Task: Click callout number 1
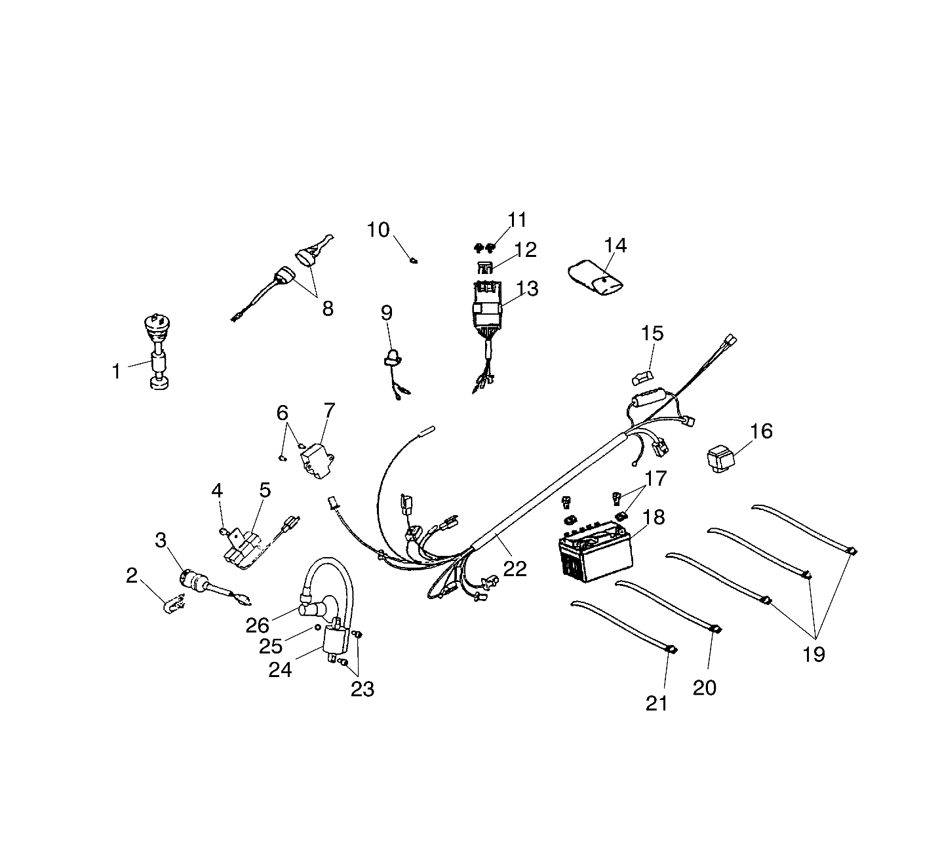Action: [x=116, y=372]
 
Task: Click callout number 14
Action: [x=616, y=246]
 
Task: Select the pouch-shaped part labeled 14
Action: [x=595, y=279]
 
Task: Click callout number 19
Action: [x=813, y=653]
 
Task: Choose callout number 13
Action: [x=527, y=288]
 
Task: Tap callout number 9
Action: [x=387, y=312]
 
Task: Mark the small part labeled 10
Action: [x=414, y=260]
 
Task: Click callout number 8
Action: [x=327, y=307]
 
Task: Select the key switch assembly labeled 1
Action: [x=157, y=354]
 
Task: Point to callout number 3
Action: [x=161, y=540]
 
